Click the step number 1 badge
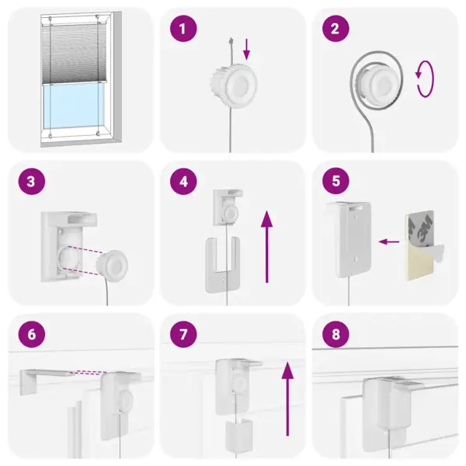183,30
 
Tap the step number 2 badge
336,30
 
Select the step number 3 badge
30,183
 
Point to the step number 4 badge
183,183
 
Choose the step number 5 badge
336,183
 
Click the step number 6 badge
30,336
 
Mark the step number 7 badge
183,336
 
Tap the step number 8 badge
336,336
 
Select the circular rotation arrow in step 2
424,81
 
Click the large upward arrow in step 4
266,247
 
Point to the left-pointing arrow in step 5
388,242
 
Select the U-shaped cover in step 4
221,264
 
